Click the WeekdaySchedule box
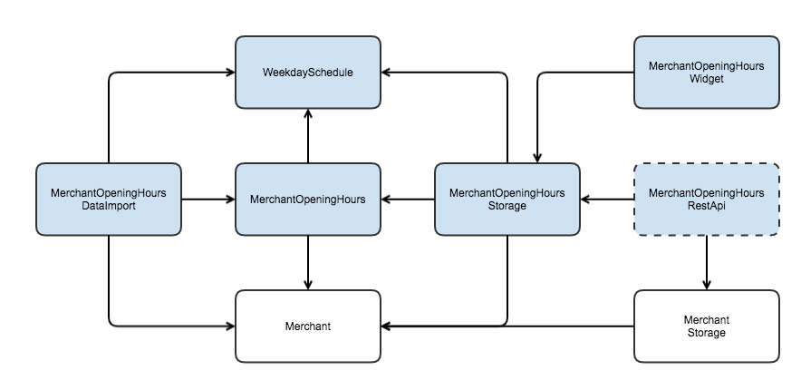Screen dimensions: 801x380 pyautogui.click(x=308, y=73)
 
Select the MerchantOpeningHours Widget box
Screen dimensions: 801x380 pyautogui.click(x=707, y=73)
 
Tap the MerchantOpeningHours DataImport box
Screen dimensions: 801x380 pyautogui.click(x=109, y=200)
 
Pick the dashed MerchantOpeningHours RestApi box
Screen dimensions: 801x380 pyautogui.click(x=707, y=200)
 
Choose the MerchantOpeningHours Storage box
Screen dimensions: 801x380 pyautogui.click(x=507, y=200)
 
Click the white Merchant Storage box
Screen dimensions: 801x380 pyautogui.click(x=707, y=326)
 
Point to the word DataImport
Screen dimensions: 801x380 pyautogui.click(x=109, y=206)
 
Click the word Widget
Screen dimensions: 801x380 pyautogui.click(x=707, y=79)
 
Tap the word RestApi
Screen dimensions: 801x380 pyautogui.click(x=707, y=206)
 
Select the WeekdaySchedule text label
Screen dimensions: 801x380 pyautogui.click(x=308, y=73)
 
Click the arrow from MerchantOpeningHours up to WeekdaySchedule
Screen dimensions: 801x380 pyautogui.click(x=308, y=136)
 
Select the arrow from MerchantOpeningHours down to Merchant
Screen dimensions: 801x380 pyautogui.click(x=308, y=263)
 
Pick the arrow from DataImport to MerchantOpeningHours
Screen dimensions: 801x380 pyautogui.click(x=208, y=200)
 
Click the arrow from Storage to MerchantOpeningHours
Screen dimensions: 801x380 pyautogui.click(x=408, y=200)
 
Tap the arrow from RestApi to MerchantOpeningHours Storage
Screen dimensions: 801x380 pyautogui.click(x=607, y=200)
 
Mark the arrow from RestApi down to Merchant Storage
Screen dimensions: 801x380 pyautogui.click(x=707, y=263)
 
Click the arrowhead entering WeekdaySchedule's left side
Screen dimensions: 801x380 pyautogui.click(x=230, y=73)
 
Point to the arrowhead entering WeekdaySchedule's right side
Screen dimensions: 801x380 pyautogui.click(x=386, y=73)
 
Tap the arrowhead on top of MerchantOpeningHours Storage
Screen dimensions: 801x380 pyautogui.click(x=537, y=158)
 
